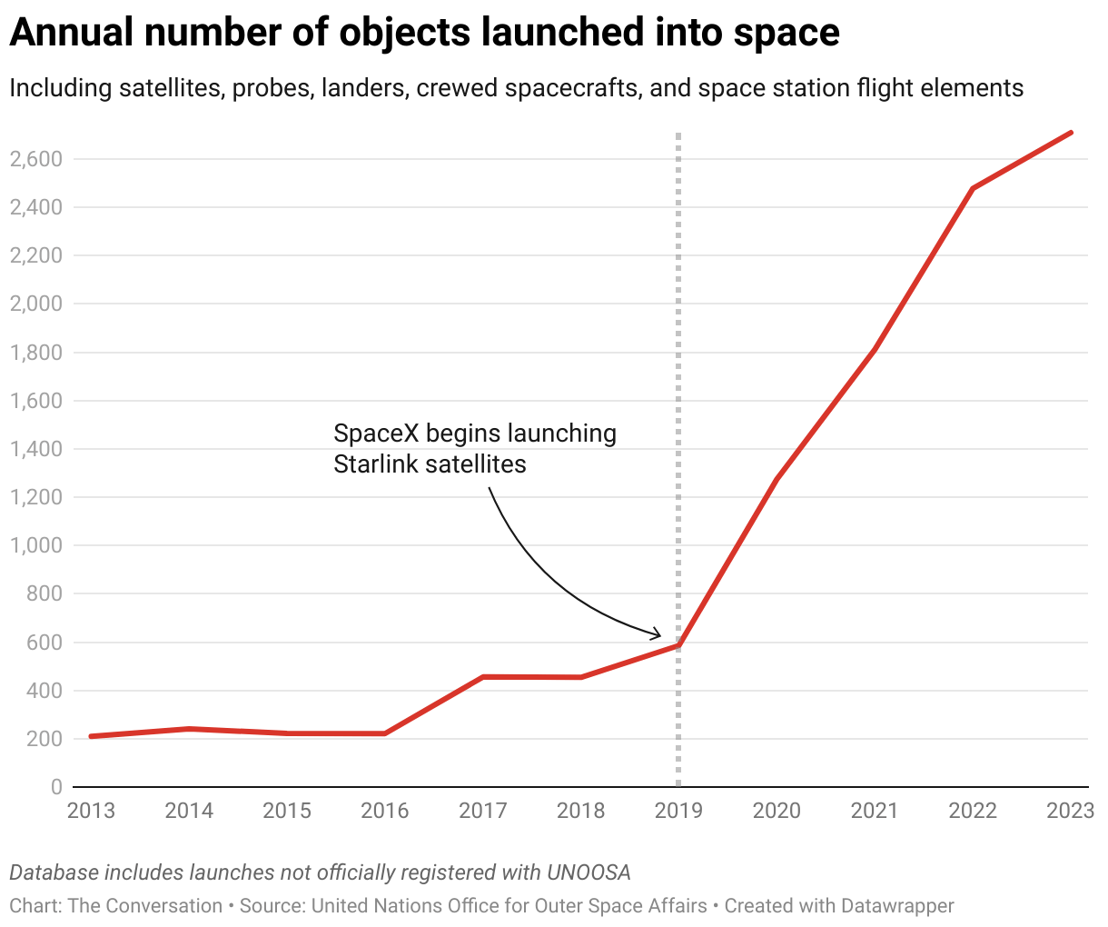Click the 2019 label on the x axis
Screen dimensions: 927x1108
678,810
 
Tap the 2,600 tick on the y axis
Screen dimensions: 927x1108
35,159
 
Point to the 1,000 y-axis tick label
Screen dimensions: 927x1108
35,545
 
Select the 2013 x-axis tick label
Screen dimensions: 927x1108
91,810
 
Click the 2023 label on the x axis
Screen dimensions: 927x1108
1070,810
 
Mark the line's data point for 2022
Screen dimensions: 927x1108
973,188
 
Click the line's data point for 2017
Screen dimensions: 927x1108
483,676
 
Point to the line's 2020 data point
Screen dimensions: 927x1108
777,479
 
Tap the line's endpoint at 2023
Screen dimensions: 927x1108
1072,133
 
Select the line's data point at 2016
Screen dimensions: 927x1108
385,733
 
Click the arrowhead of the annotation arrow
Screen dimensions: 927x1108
658,634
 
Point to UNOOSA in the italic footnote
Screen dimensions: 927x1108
588,872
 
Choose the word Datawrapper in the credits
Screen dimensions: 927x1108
897,906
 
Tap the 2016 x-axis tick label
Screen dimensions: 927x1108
385,810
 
